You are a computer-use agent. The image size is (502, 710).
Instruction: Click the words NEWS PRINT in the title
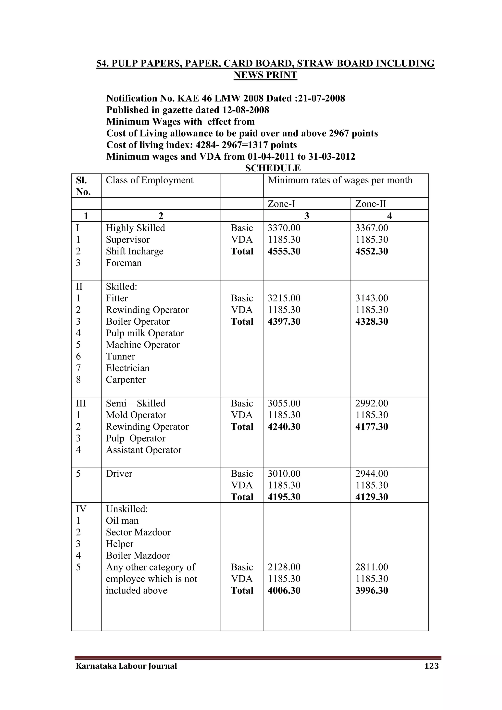click(265, 75)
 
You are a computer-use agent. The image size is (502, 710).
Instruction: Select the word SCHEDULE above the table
click(273, 168)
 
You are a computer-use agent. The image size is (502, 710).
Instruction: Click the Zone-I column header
click(281, 204)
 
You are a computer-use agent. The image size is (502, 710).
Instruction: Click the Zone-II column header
click(371, 204)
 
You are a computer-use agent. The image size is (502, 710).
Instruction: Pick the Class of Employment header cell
click(150, 180)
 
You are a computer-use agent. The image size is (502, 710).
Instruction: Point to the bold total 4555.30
click(284, 251)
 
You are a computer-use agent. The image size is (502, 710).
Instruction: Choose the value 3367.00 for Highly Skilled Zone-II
click(372, 228)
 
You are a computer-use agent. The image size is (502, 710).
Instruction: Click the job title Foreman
click(124, 263)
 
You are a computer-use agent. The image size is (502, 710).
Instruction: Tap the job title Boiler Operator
click(138, 322)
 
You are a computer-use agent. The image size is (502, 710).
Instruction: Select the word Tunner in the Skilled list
click(120, 356)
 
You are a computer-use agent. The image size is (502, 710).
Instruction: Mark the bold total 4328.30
click(372, 322)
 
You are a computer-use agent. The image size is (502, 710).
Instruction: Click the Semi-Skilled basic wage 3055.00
click(284, 403)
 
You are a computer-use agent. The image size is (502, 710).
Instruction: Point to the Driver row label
click(119, 473)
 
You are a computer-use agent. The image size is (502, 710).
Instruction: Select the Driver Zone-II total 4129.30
click(372, 497)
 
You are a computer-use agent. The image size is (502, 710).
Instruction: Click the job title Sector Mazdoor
click(138, 532)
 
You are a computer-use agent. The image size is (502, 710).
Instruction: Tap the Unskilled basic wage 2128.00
click(284, 567)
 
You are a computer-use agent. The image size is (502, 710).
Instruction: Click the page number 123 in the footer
click(431, 666)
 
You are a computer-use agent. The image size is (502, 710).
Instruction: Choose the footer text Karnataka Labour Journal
click(126, 666)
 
